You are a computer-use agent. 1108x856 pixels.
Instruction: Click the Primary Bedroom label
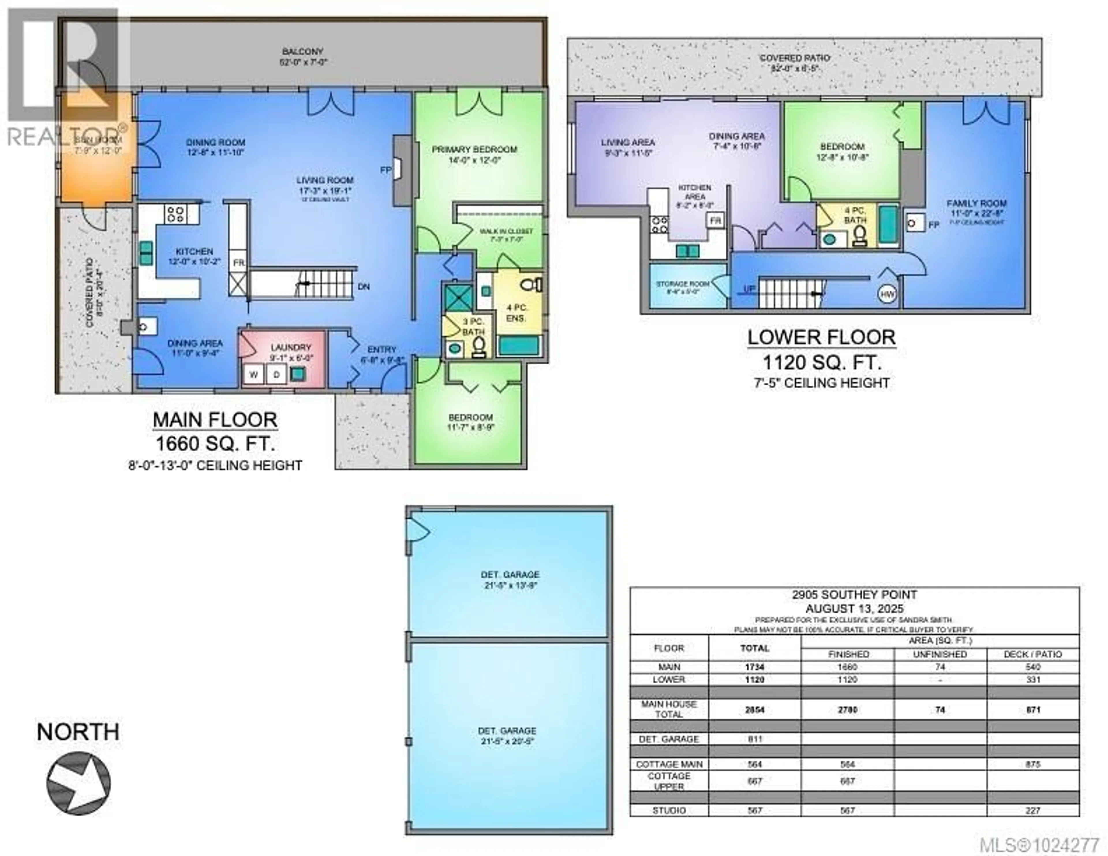(474, 149)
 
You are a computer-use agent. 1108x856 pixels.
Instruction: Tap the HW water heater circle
(887, 294)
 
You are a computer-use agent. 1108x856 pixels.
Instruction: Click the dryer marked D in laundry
(276, 375)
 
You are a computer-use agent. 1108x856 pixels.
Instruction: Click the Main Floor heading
(215, 420)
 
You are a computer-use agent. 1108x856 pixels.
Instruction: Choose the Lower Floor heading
(821, 338)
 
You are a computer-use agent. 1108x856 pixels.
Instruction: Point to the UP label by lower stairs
(749, 289)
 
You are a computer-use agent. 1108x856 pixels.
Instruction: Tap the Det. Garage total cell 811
(755, 739)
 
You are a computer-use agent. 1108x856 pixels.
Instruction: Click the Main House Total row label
(669, 709)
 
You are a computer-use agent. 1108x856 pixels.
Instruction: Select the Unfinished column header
(939, 654)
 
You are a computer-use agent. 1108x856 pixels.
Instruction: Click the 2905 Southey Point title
(854, 595)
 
